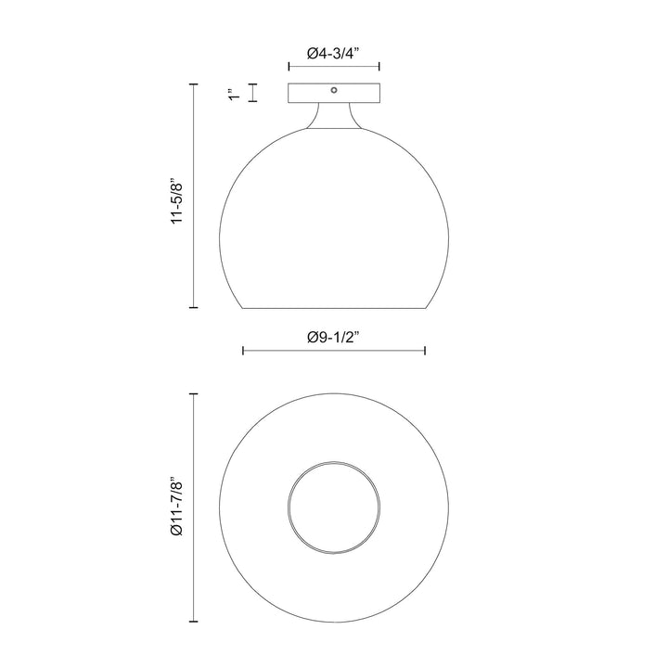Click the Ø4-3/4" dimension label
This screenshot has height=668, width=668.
click(x=334, y=53)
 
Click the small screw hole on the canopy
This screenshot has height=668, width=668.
click(x=334, y=91)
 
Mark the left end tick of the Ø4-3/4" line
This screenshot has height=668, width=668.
click(x=289, y=67)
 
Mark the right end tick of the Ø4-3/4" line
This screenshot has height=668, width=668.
click(x=379, y=67)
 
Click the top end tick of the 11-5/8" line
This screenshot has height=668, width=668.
click(x=193, y=84)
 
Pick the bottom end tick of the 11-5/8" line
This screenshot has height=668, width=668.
click(x=193, y=307)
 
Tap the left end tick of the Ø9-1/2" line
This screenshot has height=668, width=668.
click(x=243, y=350)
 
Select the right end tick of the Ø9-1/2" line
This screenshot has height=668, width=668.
click(x=425, y=350)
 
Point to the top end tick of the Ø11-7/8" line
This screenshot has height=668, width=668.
click(x=193, y=393)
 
